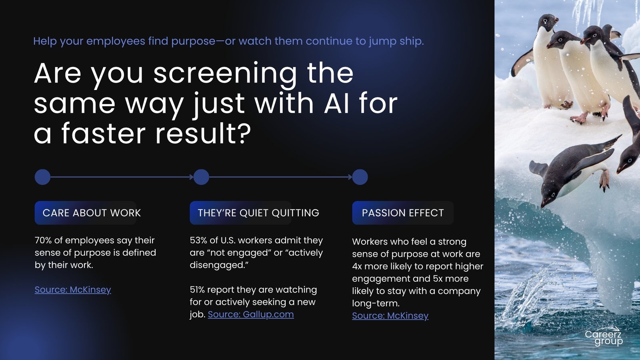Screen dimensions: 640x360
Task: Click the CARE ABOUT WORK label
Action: [92, 213]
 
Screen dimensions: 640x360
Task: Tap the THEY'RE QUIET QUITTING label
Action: [258, 213]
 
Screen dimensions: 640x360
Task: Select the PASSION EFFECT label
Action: [403, 213]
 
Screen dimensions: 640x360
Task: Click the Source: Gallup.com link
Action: [250, 314]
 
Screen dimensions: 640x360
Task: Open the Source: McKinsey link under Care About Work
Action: [73, 290]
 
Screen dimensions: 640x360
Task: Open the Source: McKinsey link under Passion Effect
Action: [390, 316]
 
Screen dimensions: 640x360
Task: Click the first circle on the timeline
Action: [42, 177]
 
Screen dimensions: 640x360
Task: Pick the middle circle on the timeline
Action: [202, 177]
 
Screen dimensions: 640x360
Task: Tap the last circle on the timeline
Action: [360, 177]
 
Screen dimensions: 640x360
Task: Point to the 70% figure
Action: [43, 240]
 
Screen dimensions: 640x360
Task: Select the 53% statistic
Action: [198, 240]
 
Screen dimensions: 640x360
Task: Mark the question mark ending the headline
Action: [244, 133]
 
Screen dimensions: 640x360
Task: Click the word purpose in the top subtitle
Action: [193, 42]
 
